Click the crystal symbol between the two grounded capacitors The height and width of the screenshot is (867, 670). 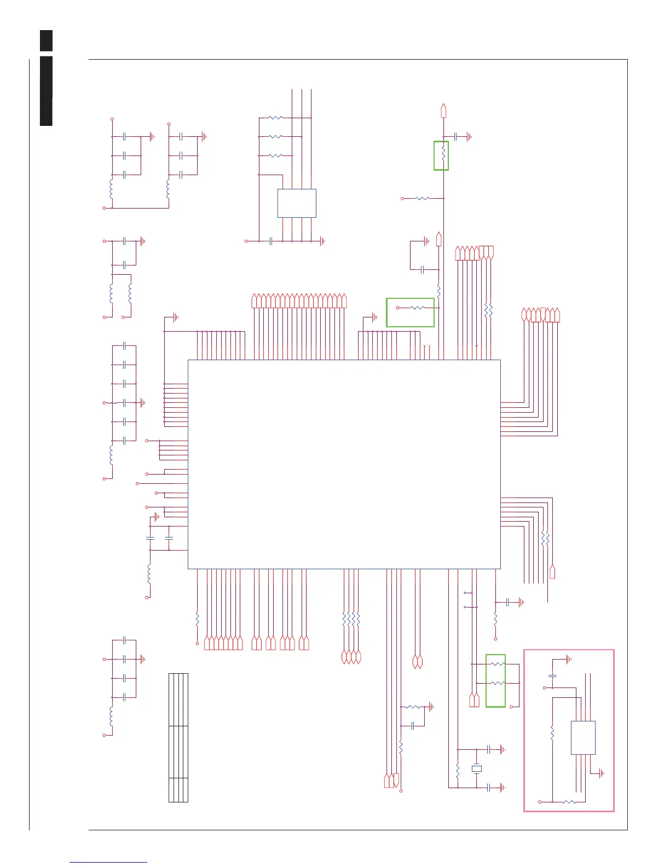coord(477,768)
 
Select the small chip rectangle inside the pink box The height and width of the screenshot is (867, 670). coord(583,738)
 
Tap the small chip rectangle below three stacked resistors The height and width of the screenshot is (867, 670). coord(297,204)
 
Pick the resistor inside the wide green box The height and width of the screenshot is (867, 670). coord(418,308)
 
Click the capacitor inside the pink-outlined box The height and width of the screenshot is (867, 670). coord(552,677)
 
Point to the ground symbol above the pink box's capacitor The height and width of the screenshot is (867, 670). coord(569,659)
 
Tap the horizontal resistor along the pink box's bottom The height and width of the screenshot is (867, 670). coord(569,802)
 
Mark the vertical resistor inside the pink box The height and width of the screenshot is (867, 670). coord(552,732)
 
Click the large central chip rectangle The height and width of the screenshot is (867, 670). coord(344,464)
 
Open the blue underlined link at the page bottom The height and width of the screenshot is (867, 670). coord(108,862)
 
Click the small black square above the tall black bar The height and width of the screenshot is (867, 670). coord(47,41)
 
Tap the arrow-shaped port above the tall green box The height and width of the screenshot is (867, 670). coord(443,111)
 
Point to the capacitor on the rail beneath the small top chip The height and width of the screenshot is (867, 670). coord(272,241)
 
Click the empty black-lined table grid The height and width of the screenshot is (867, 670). coord(178,738)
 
